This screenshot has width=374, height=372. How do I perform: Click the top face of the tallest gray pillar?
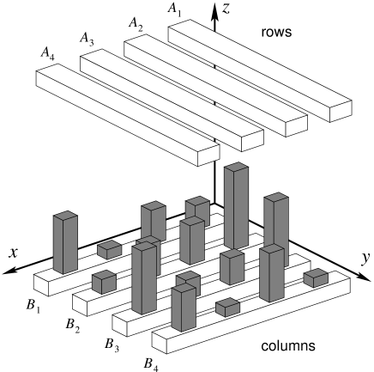tap(236, 168)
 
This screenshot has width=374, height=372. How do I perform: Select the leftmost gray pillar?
tap(64, 245)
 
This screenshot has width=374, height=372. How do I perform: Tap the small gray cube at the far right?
tap(316, 278)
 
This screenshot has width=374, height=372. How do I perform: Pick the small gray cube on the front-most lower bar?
tap(227, 307)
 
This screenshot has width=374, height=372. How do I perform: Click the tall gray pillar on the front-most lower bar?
tap(183, 308)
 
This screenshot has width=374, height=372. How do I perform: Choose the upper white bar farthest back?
tap(257, 69)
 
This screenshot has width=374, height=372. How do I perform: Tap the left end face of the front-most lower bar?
tap(159, 342)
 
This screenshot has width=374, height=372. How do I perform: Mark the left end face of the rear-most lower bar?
tap(42, 284)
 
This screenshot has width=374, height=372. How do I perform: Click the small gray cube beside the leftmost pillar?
tap(108, 250)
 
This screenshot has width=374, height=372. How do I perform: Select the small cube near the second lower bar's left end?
tap(103, 281)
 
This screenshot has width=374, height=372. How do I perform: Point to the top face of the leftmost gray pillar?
tap(65, 216)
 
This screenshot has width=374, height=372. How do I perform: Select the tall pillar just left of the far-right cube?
tap(271, 275)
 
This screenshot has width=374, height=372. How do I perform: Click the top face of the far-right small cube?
tap(316, 274)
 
